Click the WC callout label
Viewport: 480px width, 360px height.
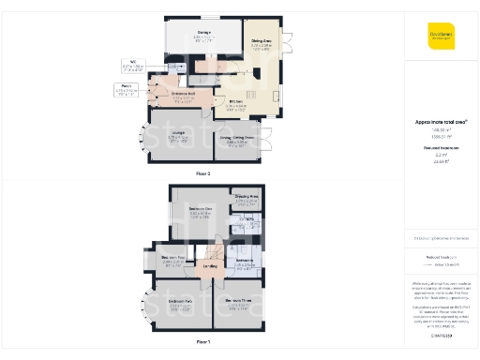coord(132,63)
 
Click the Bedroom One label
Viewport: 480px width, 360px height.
coord(200,208)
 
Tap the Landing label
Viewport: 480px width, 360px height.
coord(211,266)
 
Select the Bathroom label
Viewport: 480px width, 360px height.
coord(246,260)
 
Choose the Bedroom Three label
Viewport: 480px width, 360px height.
coord(241,300)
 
